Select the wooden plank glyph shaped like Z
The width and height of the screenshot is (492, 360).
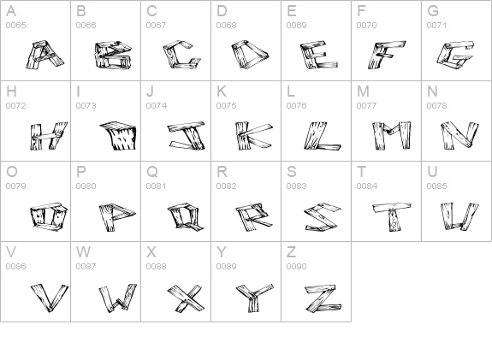click(x=323, y=298)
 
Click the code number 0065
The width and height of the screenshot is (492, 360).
click(x=15, y=25)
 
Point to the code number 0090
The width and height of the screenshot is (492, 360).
click(x=297, y=266)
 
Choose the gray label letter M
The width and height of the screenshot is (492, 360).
click(x=363, y=91)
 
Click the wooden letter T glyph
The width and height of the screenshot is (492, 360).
click(x=392, y=216)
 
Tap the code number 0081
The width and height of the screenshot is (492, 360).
click(x=157, y=186)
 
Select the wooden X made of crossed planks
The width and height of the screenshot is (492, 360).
click(x=186, y=298)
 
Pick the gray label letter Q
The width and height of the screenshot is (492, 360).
click(x=152, y=172)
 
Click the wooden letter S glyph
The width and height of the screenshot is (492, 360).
click(x=323, y=217)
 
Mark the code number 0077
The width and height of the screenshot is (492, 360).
click(x=367, y=106)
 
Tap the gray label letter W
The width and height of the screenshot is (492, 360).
click(x=83, y=251)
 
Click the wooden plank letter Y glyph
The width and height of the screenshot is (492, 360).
click(x=253, y=298)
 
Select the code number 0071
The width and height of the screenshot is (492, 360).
click(x=436, y=25)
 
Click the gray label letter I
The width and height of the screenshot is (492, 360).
click(x=78, y=91)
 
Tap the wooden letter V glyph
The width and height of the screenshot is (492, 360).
click(x=50, y=298)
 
